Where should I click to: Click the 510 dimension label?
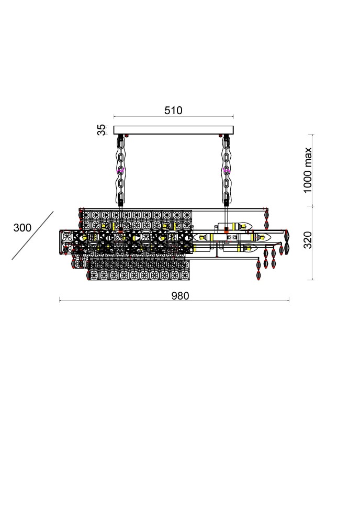[173, 110]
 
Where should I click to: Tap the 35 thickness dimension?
[102, 130]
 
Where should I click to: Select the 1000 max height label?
[307, 170]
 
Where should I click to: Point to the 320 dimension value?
[308, 240]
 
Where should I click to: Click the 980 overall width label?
[180, 296]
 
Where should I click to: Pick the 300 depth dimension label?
[22, 227]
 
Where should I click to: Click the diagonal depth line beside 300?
[32, 236]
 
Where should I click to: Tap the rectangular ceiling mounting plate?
[174, 130]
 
